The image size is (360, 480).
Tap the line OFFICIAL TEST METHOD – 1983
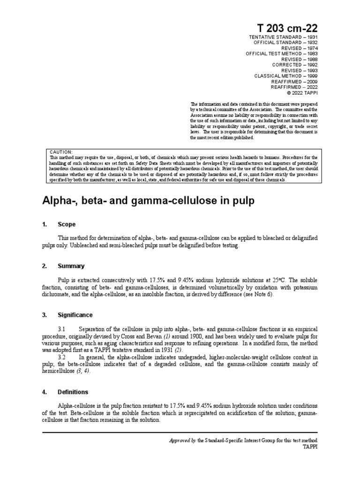pyautogui.click(x=281, y=54)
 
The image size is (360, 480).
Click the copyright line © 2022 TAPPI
pyautogui.click(x=300, y=93)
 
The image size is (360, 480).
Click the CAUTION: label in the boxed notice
pyautogui.click(x=61, y=152)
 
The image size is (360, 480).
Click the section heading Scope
pyautogui.click(x=67, y=225)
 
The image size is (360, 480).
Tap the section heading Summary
pyautogui.click(x=71, y=266)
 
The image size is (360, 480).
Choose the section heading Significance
pyautogui.click(x=75, y=315)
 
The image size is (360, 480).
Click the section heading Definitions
pyautogui.click(x=73, y=392)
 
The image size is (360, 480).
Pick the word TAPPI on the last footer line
pyautogui.click(x=309, y=447)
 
